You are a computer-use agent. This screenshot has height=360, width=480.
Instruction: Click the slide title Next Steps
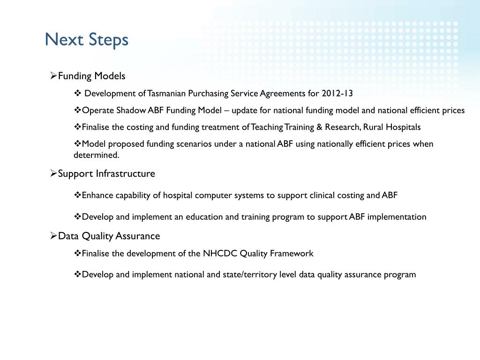pyautogui.click(x=86, y=39)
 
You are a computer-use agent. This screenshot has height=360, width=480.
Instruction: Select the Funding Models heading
pyautogui.click(x=91, y=76)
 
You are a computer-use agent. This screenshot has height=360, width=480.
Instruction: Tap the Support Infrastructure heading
pyautogui.click(x=106, y=173)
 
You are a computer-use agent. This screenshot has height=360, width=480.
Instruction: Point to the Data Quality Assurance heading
pyautogui.click(x=109, y=236)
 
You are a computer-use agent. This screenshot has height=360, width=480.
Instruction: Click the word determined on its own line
pyautogui.click(x=96, y=155)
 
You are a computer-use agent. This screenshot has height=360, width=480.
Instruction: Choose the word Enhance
pyautogui.click(x=97, y=195)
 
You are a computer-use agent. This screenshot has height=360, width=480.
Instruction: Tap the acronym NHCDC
pyautogui.click(x=220, y=253)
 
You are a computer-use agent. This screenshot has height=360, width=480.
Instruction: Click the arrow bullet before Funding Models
pyautogui.click(x=53, y=76)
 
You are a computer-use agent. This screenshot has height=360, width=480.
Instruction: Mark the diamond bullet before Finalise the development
pyautogui.click(x=77, y=253)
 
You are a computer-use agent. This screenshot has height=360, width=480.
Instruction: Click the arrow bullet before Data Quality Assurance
pyautogui.click(x=53, y=236)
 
